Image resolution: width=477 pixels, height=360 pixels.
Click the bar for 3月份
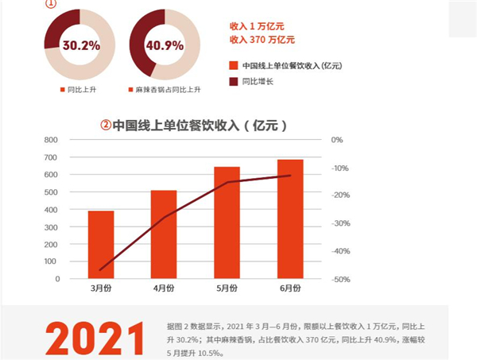(101, 245)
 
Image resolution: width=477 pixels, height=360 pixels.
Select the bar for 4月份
(164, 234)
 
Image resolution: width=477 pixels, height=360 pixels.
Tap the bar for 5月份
(227, 223)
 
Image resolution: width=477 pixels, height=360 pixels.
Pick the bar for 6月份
(290, 219)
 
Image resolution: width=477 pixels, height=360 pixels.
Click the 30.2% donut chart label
(80, 45)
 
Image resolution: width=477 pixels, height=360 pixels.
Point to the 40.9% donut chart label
(163, 45)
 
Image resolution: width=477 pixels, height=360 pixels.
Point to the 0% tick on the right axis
(337, 140)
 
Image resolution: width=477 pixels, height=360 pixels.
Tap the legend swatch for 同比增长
(233, 81)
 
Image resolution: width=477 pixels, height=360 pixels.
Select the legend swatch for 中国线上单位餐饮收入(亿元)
(233, 65)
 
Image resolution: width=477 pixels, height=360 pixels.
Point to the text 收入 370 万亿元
(262, 39)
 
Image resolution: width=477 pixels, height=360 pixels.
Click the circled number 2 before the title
(105, 125)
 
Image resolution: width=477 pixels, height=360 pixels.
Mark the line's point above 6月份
(290, 176)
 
